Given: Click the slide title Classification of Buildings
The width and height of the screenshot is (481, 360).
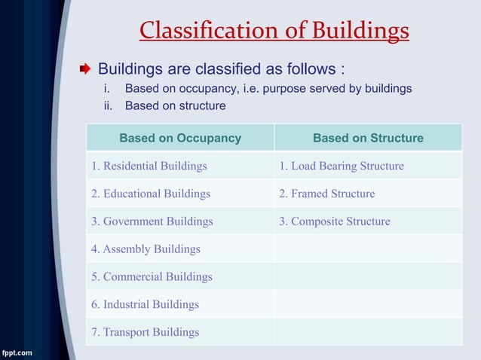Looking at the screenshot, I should (x=274, y=30).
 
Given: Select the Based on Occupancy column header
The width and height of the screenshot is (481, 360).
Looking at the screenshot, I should (x=180, y=138).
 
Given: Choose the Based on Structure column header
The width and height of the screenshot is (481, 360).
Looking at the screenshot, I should (x=368, y=138).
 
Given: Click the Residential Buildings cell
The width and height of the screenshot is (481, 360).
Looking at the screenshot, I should (x=149, y=166).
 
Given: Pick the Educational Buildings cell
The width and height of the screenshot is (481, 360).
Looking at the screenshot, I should (x=151, y=194).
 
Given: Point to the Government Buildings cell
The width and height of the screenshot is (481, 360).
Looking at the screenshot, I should (x=152, y=221).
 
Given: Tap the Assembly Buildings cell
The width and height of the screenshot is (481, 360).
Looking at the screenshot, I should (x=146, y=249).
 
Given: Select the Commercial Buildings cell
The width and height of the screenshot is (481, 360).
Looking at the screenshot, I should (x=152, y=276).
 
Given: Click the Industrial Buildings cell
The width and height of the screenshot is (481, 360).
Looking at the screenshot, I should (x=146, y=304).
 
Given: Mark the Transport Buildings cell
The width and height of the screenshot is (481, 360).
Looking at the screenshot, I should (x=146, y=332).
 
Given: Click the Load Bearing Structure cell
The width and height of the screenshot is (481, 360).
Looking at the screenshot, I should (x=342, y=166).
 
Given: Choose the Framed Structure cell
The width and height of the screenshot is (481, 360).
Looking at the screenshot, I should (x=327, y=194).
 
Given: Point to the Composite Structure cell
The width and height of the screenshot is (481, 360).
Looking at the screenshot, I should (x=335, y=221).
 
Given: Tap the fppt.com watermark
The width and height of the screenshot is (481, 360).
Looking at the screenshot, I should (x=17, y=352).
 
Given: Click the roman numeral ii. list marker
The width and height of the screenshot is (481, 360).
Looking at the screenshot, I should (x=109, y=106).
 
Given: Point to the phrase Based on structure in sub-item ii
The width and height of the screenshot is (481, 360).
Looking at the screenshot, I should (x=175, y=106).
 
